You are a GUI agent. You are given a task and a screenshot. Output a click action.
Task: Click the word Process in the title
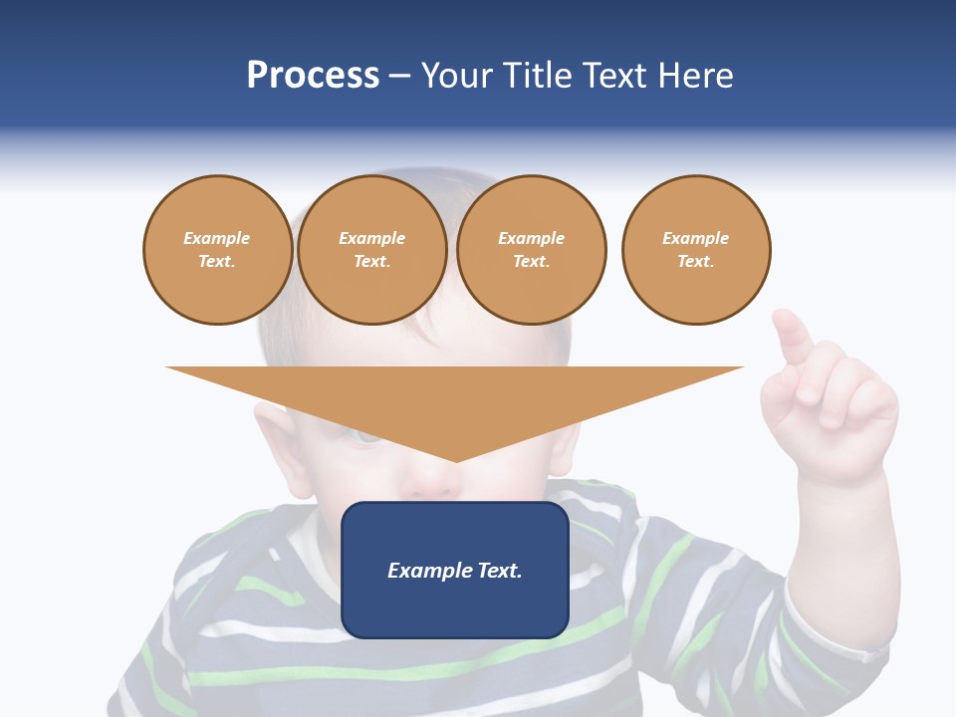click(x=313, y=76)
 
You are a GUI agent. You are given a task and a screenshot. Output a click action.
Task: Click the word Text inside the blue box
click(x=499, y=571)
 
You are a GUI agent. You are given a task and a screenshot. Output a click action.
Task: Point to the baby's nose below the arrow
click(x=433, y=483)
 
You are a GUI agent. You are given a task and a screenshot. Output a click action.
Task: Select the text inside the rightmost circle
click(x=696, y=249)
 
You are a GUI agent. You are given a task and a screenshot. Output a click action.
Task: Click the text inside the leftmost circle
click(x=217, y=249)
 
